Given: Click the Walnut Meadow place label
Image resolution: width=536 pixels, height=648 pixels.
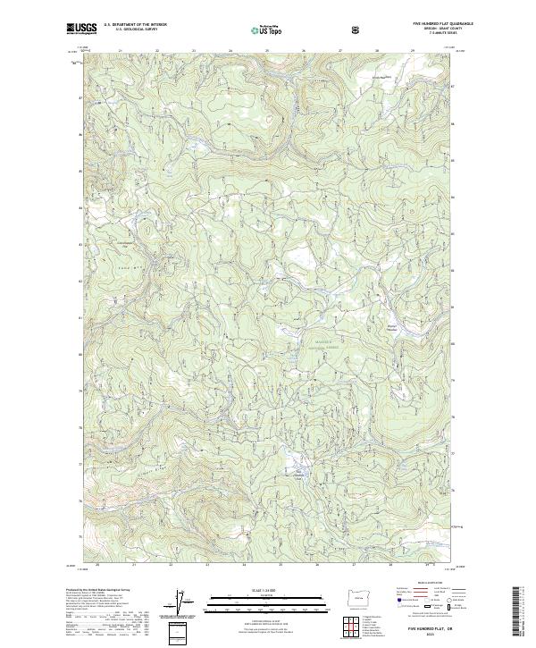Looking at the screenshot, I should click(390, 314).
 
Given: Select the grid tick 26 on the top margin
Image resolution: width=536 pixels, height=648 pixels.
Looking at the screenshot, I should click(304, 51).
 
